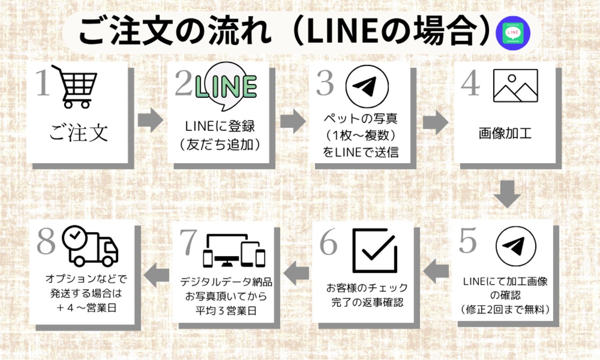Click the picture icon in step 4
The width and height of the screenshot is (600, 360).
click(515, 86)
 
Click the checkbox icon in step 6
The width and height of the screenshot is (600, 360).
click(375, 250)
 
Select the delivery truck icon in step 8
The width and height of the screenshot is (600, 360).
click(90, 247)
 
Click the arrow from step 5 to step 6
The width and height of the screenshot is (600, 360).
click(437, 273)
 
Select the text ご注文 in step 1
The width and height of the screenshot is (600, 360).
click(78, 133)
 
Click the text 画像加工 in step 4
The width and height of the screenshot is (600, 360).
click(505, 134)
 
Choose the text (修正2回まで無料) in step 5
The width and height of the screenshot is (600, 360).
click(505, 309)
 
